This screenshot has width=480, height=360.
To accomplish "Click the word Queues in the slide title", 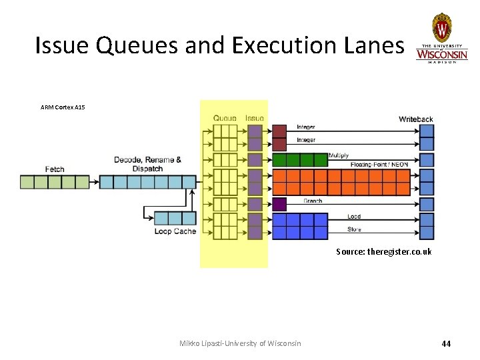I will pyautogui.click(x=133, y=45).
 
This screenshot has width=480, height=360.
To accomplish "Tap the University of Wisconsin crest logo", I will pyautogui.click(x=442, y=29).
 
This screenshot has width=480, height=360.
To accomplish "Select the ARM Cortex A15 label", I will pyautogui.click(x=63, y=107).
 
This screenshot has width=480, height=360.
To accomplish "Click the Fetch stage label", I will pyautogui.click(x=55, y=169).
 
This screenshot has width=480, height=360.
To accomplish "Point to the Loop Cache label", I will pyautogui.click(x=175, y=231).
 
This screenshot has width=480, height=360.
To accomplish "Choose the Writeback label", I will pyautogui.click(x=416, y=119).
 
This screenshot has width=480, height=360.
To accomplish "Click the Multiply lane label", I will pyautogui.click(x=338, y=156).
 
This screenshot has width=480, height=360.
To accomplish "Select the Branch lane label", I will pyautogui.click(x=313, y=201).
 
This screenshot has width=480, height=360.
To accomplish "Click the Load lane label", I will pyautogui.click(x=354, y=216).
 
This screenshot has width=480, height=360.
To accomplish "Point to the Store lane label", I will pyautogui.click(x=354, y=229).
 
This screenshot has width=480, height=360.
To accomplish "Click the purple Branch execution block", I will pyautogui.click(x=279, y=204).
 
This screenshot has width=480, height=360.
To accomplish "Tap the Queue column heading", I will pyautogui.click(x=225, y=118).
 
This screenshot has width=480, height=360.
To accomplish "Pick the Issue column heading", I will pyautogui.click(x=255, y=118).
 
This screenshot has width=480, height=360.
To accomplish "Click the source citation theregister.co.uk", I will pyautogui.click(x=383, y=251).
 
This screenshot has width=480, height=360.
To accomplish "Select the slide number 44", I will pyautogui.click(x=446, y=343).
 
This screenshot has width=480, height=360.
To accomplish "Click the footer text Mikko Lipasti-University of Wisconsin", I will pyautogui.click(x=240, y=343).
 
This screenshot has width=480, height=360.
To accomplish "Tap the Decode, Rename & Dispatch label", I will pyautogui.click(x=147, y=164).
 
